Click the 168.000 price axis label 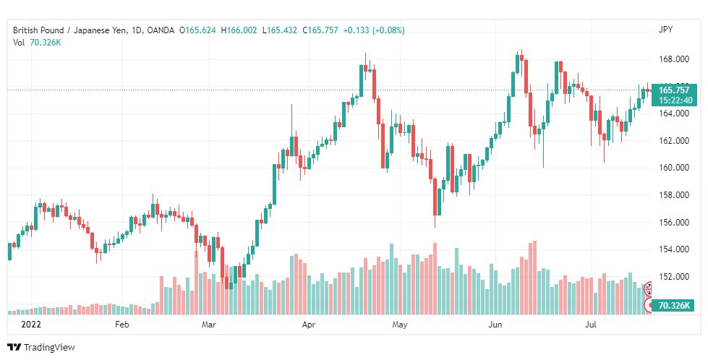674,59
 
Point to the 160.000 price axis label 674,168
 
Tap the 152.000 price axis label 674,276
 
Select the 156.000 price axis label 674,222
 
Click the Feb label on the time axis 122,325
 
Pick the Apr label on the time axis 308,325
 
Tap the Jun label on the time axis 495,325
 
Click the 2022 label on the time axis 31,325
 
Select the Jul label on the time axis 591,325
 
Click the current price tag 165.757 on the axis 674,90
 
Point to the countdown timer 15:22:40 674,100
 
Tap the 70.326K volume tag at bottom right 674,305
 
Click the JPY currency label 665,30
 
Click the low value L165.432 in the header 282,30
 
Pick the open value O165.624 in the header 197,30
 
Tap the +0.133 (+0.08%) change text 374,30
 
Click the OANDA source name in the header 161,30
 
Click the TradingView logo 41,348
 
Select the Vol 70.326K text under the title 37,43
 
